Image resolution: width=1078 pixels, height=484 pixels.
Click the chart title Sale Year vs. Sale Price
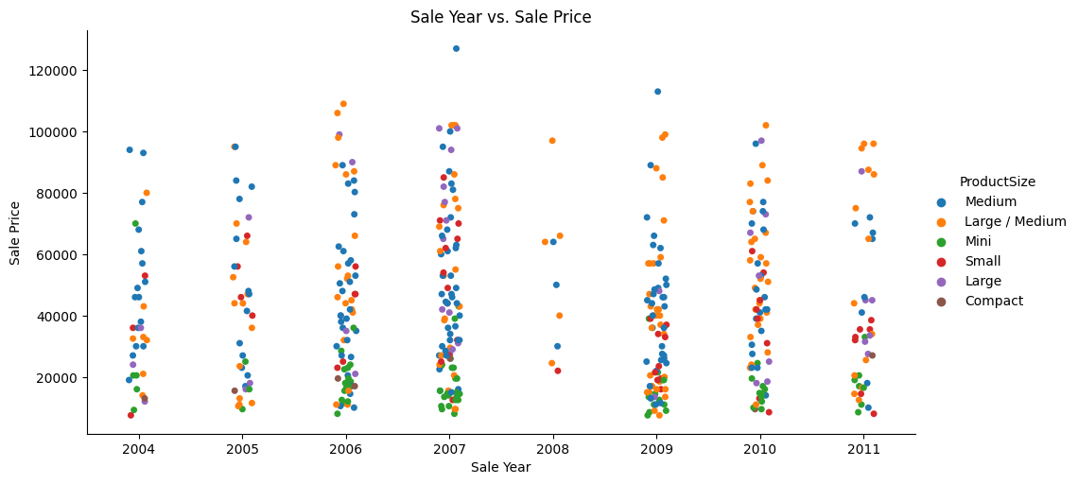[500, 17]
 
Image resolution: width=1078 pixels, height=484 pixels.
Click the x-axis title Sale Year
[500, 467]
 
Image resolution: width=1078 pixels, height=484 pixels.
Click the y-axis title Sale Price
[16, 233]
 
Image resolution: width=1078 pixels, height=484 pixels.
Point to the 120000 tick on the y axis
[58, 71]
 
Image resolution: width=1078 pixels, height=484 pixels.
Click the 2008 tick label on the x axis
[553, 449]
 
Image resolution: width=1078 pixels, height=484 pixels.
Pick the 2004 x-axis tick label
[138, 449]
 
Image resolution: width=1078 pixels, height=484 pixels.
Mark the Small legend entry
[982, 261]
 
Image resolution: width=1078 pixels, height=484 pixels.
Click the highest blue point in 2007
[456, 48]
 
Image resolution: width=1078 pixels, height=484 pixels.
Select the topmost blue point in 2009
[657, 92]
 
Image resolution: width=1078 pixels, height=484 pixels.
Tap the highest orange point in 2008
[552, 141]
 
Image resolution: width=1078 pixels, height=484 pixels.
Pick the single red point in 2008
[558, 371]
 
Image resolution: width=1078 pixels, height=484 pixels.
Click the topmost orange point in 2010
[766, 126]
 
